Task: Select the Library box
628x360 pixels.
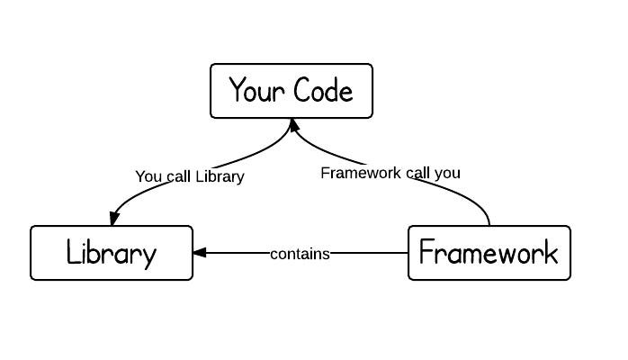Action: [x=112, y=253]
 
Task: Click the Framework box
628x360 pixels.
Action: [x=489, y=253]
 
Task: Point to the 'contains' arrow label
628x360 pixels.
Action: [x=300, y=254]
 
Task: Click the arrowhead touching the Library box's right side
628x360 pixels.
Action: [x=200, y=253]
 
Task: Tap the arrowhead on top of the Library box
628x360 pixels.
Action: [x=113, y=219]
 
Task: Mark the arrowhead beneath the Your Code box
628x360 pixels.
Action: [x=292, y=125]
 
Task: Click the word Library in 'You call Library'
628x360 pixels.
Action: [x=220, y=176]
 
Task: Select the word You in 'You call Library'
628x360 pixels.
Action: [x=148, y=176]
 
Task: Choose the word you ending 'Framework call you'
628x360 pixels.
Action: [x=446, y=174]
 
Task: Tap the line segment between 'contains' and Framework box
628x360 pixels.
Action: [x=369, y=254]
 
